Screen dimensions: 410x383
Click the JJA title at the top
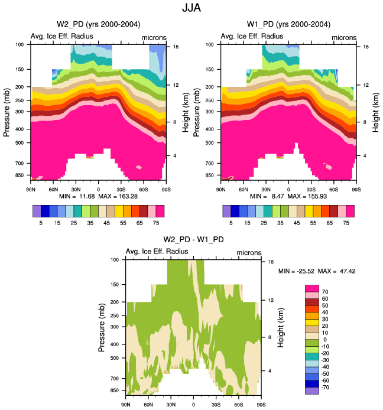191,9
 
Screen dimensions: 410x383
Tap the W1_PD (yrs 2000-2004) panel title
288,24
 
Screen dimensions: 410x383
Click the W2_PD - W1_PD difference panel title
193,240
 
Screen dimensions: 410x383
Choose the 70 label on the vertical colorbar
324,291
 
